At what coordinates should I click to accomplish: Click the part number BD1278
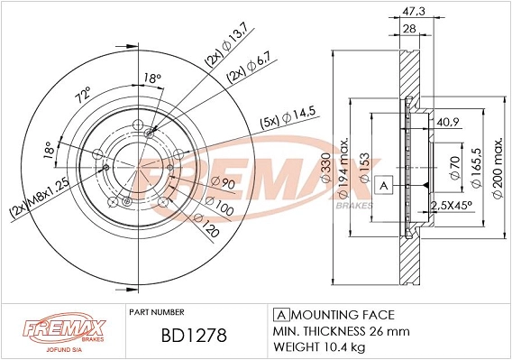[196, 335]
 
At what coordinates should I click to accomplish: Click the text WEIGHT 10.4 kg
[320, 346]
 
